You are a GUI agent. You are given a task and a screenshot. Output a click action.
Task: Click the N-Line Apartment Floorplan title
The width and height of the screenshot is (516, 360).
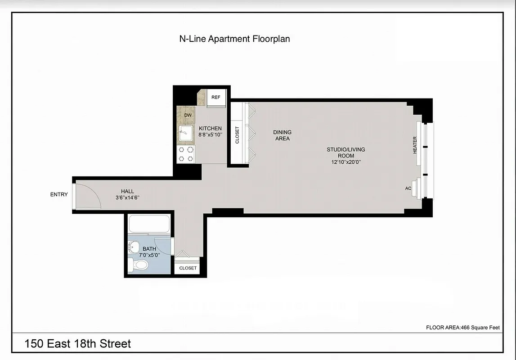point(234,39)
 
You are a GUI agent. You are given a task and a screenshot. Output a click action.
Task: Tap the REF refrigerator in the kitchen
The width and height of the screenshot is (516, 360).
point(216,98)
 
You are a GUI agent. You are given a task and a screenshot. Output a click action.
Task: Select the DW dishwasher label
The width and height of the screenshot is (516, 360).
point(188,115)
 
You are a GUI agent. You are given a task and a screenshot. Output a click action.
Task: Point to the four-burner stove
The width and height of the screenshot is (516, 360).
point(186,154)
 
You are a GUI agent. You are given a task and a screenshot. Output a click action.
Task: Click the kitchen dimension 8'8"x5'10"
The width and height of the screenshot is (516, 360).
point(210,134)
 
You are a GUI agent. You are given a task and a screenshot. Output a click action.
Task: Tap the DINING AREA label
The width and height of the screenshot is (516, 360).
point(282,135)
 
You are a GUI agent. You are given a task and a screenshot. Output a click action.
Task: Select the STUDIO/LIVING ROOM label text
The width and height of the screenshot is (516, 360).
point(345,153)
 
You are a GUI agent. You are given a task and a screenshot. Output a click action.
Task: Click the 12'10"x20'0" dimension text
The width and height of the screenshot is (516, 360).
point(345,162)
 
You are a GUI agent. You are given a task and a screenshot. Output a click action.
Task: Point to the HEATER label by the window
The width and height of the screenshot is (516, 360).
point(415,145)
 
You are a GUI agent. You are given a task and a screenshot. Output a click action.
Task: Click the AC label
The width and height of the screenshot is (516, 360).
point(408,188)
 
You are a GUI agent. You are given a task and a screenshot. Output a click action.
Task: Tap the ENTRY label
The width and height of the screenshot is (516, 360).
point(59,194)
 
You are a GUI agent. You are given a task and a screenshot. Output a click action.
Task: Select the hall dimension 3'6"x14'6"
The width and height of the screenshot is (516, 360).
point(127,197)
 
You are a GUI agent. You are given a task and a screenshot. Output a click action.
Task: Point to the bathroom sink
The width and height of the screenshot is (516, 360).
point(134,247)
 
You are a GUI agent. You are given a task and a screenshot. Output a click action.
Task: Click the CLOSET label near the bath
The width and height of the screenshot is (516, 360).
point(188,268)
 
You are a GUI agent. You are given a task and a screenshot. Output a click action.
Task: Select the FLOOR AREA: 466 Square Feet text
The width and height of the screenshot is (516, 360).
point(462,328)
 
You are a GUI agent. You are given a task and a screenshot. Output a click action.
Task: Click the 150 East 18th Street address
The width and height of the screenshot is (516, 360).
point(77,344)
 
